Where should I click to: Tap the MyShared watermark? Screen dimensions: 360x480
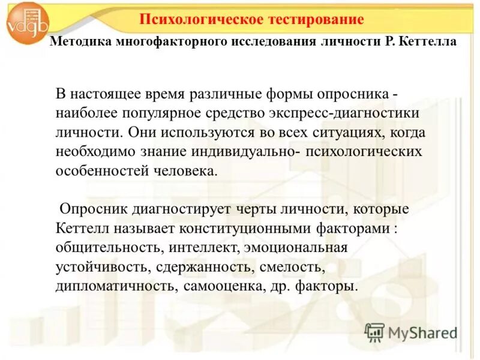coord(412,332)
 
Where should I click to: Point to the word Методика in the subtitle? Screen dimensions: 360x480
coord(75,42)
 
